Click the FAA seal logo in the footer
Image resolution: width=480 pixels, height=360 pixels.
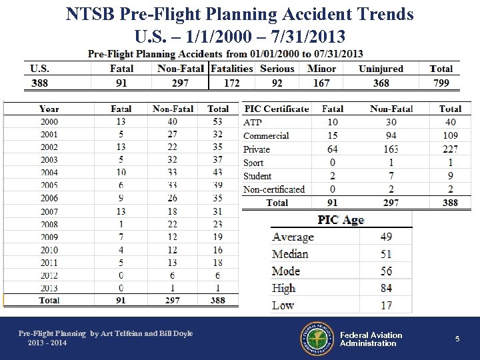(317, 339)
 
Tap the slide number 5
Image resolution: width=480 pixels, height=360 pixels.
(457, 339)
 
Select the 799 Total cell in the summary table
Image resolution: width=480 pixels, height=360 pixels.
(441, 83)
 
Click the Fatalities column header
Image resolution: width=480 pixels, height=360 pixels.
(232, 68)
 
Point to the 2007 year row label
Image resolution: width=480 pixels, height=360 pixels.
(49, 211)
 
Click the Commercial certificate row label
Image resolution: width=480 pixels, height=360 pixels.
(266, 135)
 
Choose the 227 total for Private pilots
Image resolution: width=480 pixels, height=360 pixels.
(450, 149)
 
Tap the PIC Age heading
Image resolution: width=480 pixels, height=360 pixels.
(341, 220)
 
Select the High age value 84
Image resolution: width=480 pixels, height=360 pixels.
(386, 288)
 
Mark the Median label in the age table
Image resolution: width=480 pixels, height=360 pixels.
(290, 254)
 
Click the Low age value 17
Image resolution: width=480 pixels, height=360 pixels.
(386, 305)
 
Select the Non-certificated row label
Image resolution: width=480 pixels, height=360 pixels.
(274, 189)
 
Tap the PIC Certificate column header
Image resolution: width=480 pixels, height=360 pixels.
(277, 109)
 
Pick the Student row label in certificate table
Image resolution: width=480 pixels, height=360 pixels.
(257, 176)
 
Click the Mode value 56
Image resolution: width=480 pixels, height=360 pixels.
(386, 271)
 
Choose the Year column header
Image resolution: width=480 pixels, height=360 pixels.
(49, 109)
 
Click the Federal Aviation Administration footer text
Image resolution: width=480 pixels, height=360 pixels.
(371, 339)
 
